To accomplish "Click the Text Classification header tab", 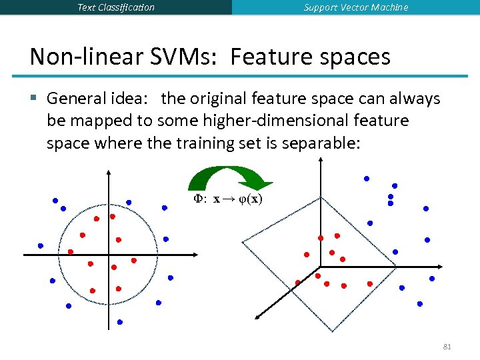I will [116, 7].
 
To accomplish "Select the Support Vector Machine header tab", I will [356, 7].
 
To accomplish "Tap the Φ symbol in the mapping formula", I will [197, 199].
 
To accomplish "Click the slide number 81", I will [447, 347].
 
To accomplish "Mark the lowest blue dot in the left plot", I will [120, 322].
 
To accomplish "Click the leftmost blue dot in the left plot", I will [41, 246].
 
